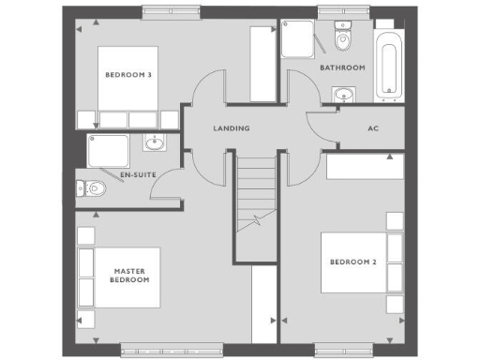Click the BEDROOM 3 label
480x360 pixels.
[128, 75]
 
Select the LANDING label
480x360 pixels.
[231, 128]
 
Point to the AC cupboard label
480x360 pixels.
[372, 128]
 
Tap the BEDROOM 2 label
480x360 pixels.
[352, 262]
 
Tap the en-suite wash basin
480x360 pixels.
[155, 143]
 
